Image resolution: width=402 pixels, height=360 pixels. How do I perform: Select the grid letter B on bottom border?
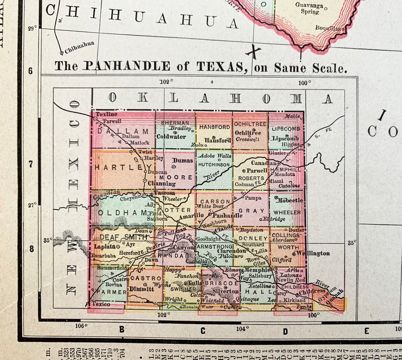click(x=122, y=330)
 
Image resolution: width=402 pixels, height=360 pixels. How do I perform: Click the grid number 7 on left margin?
click(x=31, y=165)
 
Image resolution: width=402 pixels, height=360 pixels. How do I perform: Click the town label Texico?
click(x=101, y=304)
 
